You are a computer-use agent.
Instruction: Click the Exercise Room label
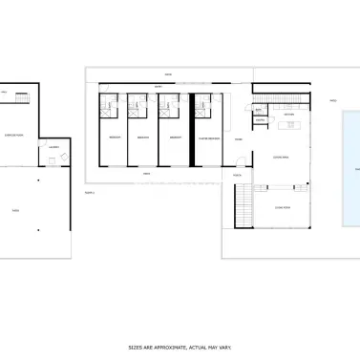click(14, 137)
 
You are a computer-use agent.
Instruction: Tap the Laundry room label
click(53, 146)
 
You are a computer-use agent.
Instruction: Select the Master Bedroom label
click(209, 138)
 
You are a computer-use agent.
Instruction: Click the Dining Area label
click(283, 158)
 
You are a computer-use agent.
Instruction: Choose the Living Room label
click(283, 206)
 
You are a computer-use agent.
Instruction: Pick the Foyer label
click(239, 139)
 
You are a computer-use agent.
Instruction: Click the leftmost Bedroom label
click(115, 138)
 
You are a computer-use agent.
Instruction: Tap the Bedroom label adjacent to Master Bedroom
click(176, 138)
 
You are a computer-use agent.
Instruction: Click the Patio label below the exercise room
click(14, 210)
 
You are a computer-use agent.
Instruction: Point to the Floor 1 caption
click(91, 192)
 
